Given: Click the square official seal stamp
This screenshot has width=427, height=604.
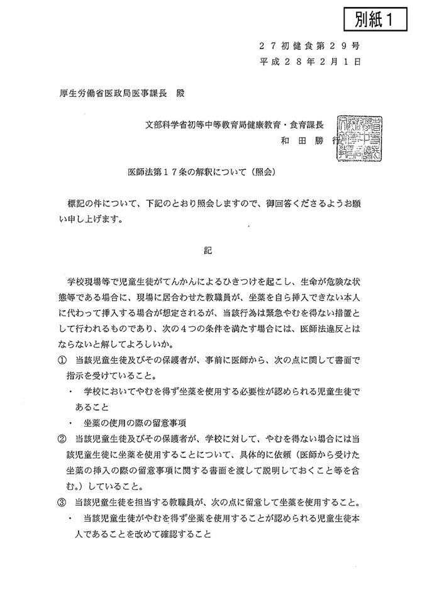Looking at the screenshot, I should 359,137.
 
